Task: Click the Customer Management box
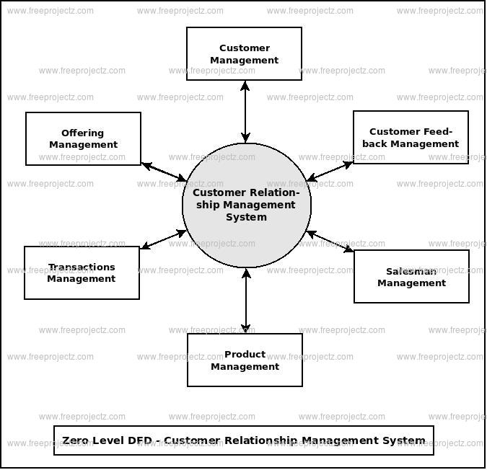tap(244, 54)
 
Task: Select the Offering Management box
tap(83, 138)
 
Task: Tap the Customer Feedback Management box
tap(411, 137)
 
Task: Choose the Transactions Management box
tap(82, 272)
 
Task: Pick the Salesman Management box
tap(411, 277)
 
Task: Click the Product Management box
tap(245, 360)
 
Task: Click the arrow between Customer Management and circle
tap(245, 111)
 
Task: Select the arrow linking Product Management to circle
tap(246, 300)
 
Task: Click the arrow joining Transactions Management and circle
tap(163, 239)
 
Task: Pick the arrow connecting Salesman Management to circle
tap(330, 241)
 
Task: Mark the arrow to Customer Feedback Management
tap(330, 171)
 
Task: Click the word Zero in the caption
tap(77, 440)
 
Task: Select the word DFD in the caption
tap(130, 440)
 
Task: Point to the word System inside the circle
tap(246, 217)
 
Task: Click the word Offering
tap(83, 133)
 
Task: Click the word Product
tap(245, 354)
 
